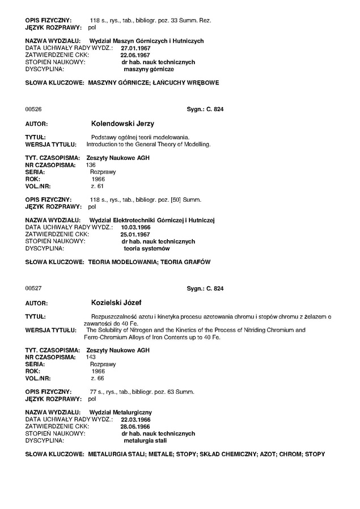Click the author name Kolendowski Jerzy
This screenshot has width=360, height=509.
pyautogui.click(x=122, y=123)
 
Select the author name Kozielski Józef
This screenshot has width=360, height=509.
pyautogui.click(x=117, y=303)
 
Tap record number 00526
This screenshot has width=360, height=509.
pyautogui.click(x=33, y=109)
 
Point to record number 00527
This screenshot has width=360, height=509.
pyautogui.click(x=33, y=289)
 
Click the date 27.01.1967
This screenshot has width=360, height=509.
pyautogui.click(x=135, y=48)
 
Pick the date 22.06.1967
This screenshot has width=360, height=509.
pyautogui.click(x=134, y=55)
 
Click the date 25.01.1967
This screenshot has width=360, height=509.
pyautogui.click(x=134, y=234)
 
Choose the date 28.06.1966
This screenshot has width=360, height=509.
pyautogui.click(x=134, y=426)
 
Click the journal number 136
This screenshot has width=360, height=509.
pyautogui.click(x=91, y=165)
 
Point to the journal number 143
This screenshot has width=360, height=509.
pyautogui.click(x=91, y=357)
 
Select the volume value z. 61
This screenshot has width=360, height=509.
pyautogui.click(x=97, y=186)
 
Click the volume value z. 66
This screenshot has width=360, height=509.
pyautogui.click(x=97, y=378)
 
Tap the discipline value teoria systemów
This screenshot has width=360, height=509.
pyautogui.click(x=146, y=248)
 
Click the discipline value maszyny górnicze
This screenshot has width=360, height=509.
pyautogui.click(x=149, y=69)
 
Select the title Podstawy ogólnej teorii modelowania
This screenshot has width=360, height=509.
pyautogui.click(x=140, y=137)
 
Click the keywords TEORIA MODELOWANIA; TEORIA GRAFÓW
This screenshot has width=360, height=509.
pyautogui.click(x=149, y=263)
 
